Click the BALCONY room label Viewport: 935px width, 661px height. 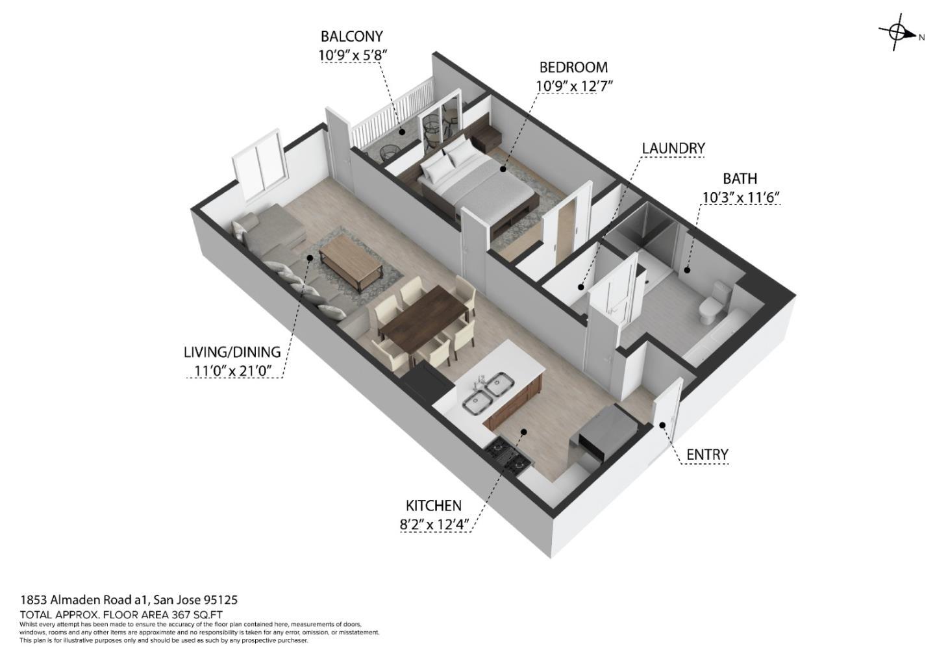click(x=351, y=37)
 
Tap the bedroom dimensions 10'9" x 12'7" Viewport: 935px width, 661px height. click(x=575, y=86)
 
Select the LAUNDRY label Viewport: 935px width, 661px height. click(x=673, y=148)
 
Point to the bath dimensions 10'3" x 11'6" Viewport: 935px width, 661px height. click(x=740, y=197)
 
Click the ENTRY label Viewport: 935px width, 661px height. click(x=707, y=455)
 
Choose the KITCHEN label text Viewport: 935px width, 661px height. click(x=434, y=506)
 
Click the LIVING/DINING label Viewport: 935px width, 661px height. click(x=232, y=352)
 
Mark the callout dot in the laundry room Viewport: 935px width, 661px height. click(x=580, y=287)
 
